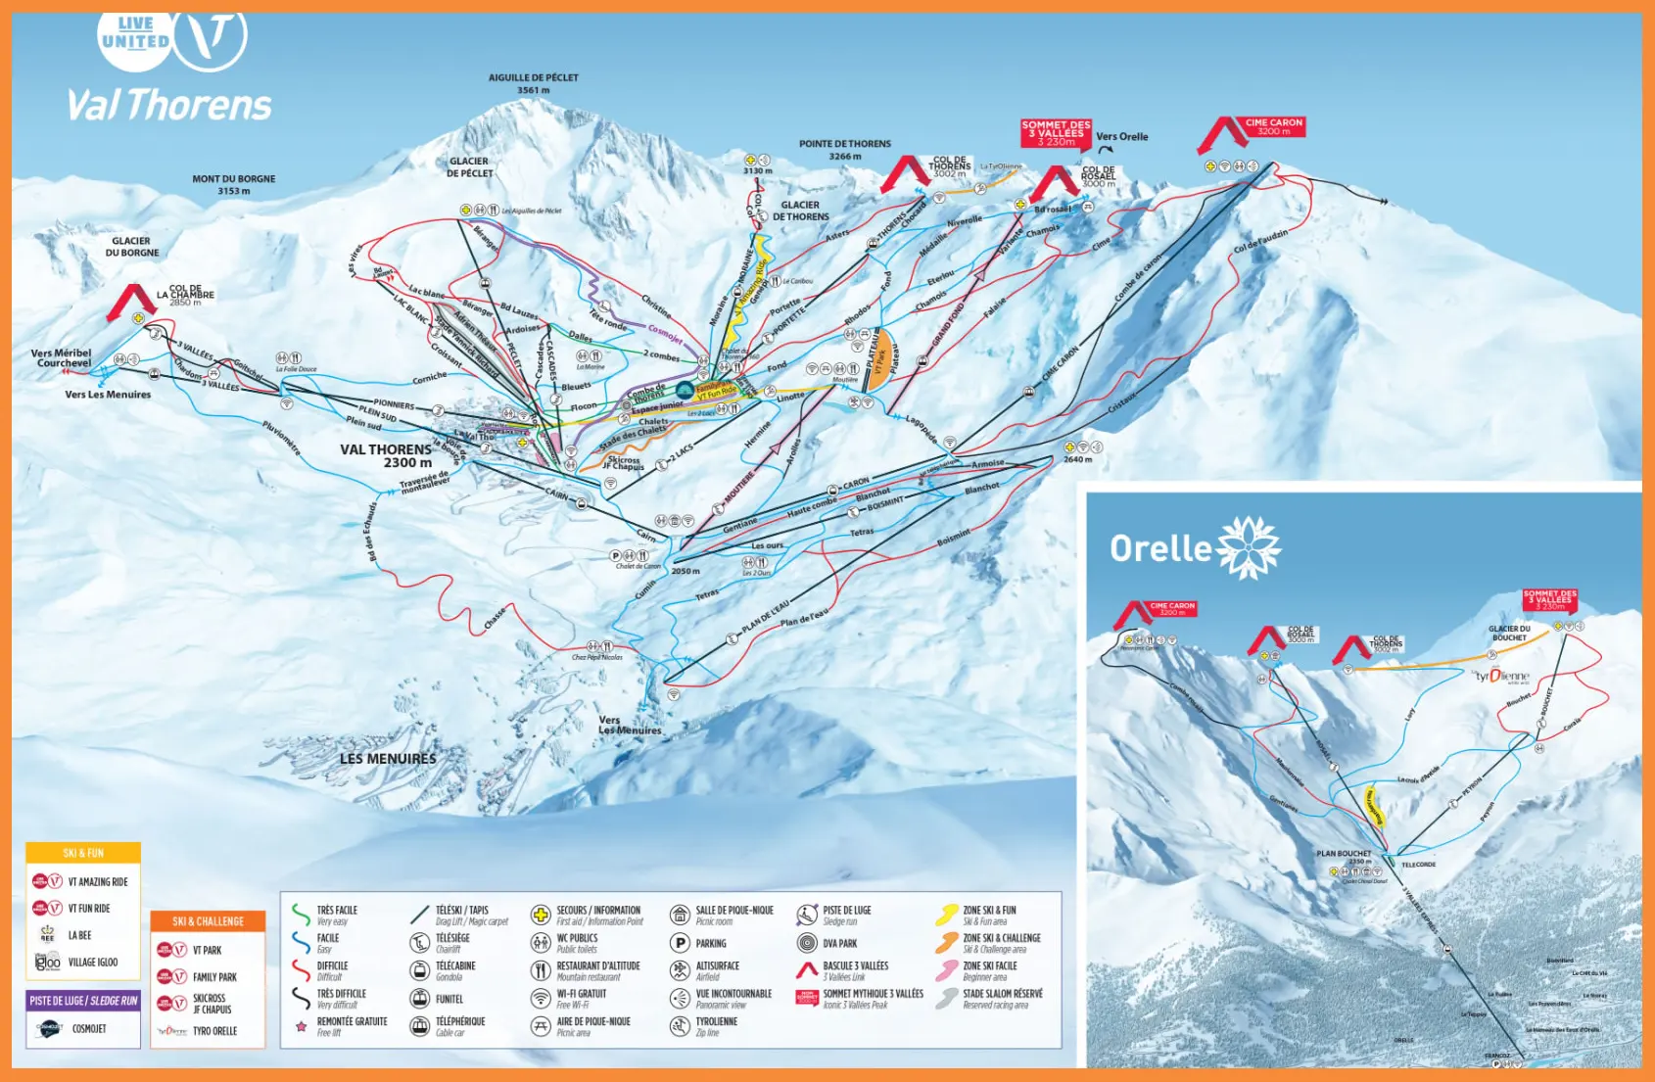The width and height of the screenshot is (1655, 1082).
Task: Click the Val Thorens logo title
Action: click(169, 105)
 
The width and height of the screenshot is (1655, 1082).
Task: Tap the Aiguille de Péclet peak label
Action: click(533, 83)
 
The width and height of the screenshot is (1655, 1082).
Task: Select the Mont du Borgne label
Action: click(233, 184)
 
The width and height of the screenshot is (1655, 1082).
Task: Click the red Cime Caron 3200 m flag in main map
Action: click(1273, 127)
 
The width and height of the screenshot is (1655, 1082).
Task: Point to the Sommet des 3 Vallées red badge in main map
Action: click(1056, 133)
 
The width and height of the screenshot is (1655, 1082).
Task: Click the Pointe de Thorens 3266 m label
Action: click(844, 150)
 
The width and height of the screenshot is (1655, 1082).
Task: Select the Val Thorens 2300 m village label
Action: click(386, 455)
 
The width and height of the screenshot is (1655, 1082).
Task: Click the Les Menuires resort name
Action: click(388, 759)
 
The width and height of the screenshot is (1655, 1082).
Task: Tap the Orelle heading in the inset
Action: click(1160, 548)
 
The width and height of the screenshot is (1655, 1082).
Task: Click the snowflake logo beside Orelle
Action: click(1248, 547)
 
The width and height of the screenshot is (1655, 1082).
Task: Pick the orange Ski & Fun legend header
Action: click(83, 853)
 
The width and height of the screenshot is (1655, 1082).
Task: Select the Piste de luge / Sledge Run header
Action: click(83, 1001)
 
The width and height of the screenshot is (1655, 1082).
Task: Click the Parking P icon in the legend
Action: click(680, 943)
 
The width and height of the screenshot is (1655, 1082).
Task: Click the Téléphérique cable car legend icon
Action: click(420, 1026)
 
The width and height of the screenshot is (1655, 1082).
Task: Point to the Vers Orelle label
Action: click(1121, 137)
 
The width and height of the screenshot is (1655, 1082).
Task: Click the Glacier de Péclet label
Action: click(469, 167)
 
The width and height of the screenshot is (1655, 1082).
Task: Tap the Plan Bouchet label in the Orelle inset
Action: click(1343, 854)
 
